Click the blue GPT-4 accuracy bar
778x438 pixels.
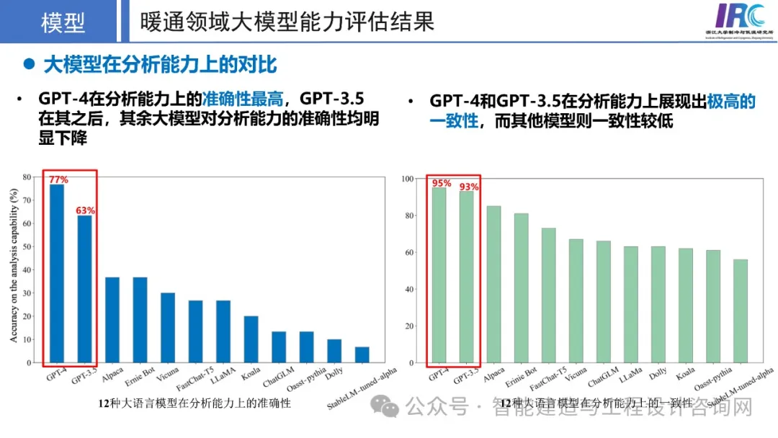[57, 274]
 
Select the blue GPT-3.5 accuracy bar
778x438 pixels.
[85, 289]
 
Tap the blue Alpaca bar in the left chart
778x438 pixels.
[112, 320]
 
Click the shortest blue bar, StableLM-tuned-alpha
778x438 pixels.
[362, 354]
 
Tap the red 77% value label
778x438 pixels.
[58, 179]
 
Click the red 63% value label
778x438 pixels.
[86, 210]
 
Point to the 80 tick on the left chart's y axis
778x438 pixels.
[27, 177]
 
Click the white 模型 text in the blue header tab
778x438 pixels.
[63, 22]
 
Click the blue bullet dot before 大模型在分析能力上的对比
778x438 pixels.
[29, 64]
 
